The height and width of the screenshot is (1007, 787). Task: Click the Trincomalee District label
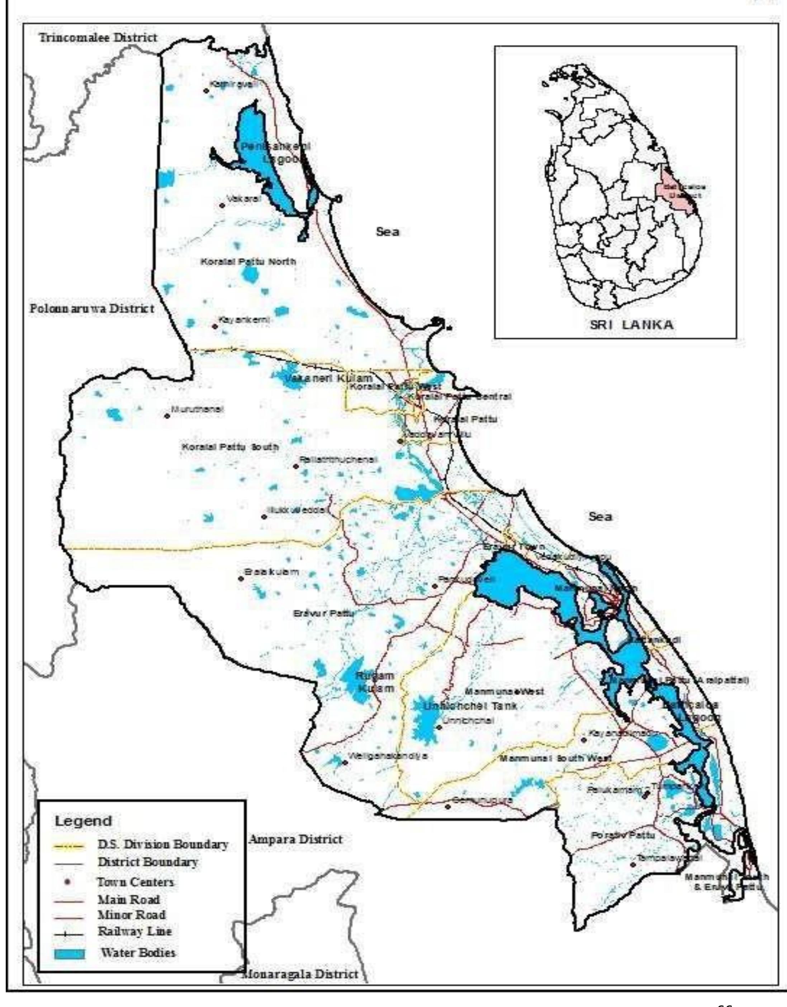(x=98, y=38)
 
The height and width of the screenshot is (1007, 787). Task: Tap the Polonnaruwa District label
(x=92, y=309)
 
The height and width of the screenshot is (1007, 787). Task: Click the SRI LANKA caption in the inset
(x=632, y=324)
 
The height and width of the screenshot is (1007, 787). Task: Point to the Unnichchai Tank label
(x=470, y=706)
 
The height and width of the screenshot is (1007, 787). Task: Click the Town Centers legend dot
(x=68, y=882)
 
